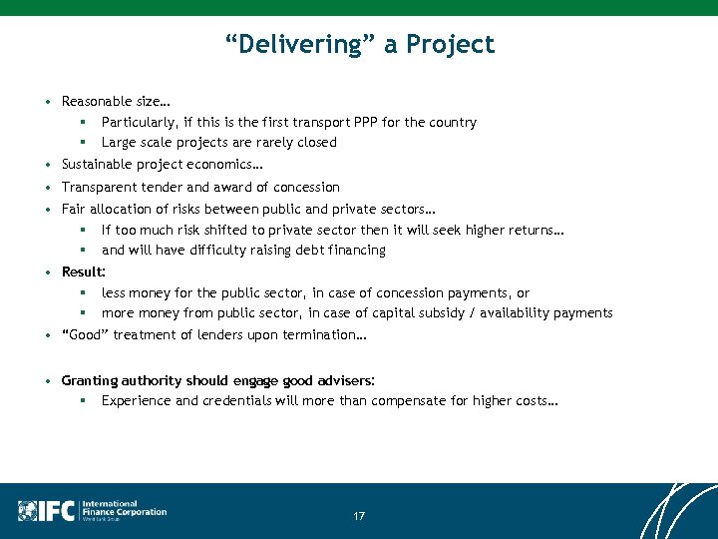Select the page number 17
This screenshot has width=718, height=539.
[359, 516]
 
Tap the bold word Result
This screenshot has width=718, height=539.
[82, 271]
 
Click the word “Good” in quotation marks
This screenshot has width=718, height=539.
[85, 335]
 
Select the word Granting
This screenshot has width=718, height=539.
[90, 381]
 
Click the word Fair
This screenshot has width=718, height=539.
[74, 210]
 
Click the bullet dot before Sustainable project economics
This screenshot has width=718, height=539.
[48, 165]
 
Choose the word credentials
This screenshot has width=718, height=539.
[244, 401]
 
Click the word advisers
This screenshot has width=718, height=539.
[342, 381]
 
